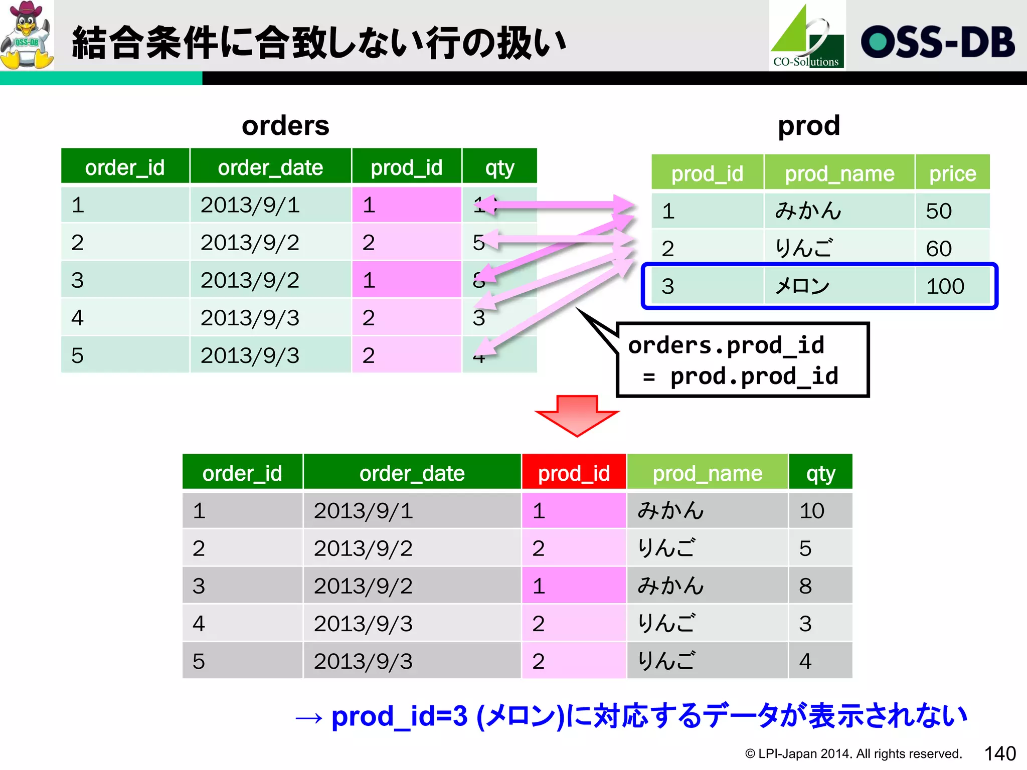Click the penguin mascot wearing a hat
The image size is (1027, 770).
[27, 35]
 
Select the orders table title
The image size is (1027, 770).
[285, 125]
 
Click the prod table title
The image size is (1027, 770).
[808, 125]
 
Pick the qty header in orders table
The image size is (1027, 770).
[499, 167]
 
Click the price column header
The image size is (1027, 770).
[952, 174]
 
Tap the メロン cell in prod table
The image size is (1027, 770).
[802, 286]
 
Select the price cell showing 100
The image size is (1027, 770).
[945, 286]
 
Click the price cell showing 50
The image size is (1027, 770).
[939, 211]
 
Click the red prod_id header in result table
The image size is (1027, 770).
[574, 473]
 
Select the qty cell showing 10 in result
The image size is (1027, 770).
[812, 511]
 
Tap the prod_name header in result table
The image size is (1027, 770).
[707, 473]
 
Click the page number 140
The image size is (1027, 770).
[999, 753]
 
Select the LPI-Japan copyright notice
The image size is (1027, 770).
[853, 753]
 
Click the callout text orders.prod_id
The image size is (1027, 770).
[726, 345]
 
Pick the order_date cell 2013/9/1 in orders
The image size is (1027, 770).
[250, 205]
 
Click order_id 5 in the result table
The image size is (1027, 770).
[199, 661]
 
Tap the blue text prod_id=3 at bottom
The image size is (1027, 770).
[399, 716]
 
